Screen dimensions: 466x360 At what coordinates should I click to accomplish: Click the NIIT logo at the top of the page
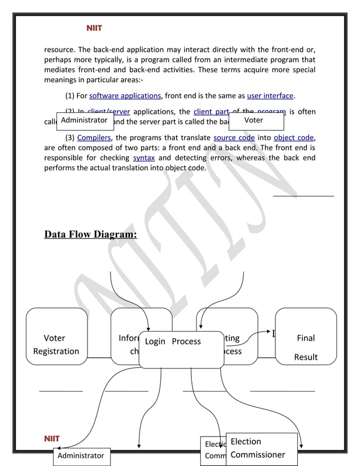(94, 28)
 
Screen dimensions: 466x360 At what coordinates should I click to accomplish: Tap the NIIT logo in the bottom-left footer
(52, 438)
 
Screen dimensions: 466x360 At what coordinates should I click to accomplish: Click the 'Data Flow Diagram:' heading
(90, 234)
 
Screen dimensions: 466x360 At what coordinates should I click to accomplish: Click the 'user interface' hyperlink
(270, 96)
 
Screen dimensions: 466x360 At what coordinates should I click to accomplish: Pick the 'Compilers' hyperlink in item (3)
(94, 138)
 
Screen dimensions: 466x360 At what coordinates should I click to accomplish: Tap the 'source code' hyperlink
(234, 138)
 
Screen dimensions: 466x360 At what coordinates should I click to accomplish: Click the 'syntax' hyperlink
(143, 158)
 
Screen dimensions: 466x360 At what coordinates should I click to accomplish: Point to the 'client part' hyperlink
(210, 112)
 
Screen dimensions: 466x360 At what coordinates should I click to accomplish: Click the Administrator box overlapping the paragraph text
(85, 121)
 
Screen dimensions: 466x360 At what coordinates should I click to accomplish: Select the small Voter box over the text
(256, 121)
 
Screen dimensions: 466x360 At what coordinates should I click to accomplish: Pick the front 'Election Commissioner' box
(261, 449)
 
